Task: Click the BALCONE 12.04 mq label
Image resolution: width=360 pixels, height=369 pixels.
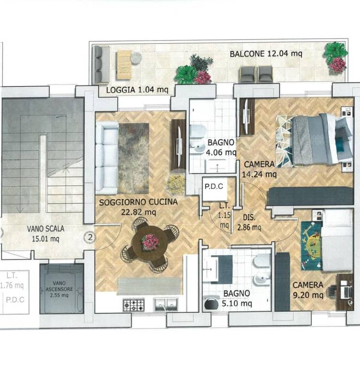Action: [266, 54]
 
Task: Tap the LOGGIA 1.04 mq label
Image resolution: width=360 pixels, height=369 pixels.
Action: [137, 90]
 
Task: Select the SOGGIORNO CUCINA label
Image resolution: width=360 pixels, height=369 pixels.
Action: [138, 202]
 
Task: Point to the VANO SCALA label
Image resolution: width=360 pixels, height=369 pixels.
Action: [46, 229]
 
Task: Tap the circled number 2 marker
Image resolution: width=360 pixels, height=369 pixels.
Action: [90, 237]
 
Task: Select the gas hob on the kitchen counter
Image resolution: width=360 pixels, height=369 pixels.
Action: [133, 305]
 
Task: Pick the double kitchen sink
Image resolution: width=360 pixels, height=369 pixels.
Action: [166, 304]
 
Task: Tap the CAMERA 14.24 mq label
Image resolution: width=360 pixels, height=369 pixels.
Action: [259, 169]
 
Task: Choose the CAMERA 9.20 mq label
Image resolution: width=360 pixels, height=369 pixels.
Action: [308, 290]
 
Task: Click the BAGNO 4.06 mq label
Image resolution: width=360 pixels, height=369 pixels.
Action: [221, 148]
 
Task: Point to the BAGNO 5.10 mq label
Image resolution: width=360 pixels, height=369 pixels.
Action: [237, 298]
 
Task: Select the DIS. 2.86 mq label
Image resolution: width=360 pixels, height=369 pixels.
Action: [249, 222]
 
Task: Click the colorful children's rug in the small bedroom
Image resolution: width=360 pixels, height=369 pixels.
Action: [311, 245]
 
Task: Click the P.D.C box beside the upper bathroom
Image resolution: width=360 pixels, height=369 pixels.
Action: [214, 188]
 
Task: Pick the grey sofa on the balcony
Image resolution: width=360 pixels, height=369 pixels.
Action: [102, 64]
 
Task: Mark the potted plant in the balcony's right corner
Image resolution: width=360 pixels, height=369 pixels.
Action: [336, 58]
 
